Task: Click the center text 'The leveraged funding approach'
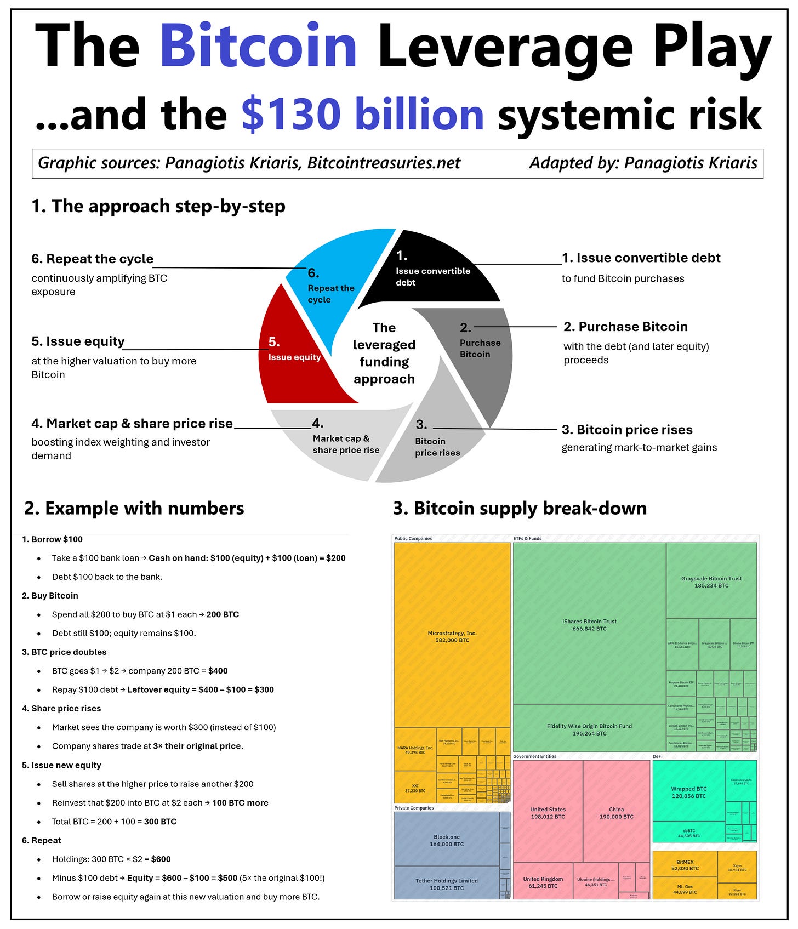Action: coord(384,353)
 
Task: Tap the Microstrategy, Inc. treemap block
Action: coord(452,636)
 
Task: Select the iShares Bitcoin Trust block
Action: coord(589,625)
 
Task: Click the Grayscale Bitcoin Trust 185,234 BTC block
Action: coord(711,582)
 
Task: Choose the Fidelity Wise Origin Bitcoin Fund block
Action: coord(589,729)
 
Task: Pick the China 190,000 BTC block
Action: coord(617,812)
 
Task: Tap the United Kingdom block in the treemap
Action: coord(543,882)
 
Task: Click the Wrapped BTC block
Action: coord(689,792)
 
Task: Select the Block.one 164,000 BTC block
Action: coord(447,840)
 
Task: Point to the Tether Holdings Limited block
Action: coord(447,884)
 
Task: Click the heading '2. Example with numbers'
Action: coord(134,509)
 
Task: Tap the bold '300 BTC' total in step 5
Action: coord(160,822)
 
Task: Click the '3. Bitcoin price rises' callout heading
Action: coord(627,430)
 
